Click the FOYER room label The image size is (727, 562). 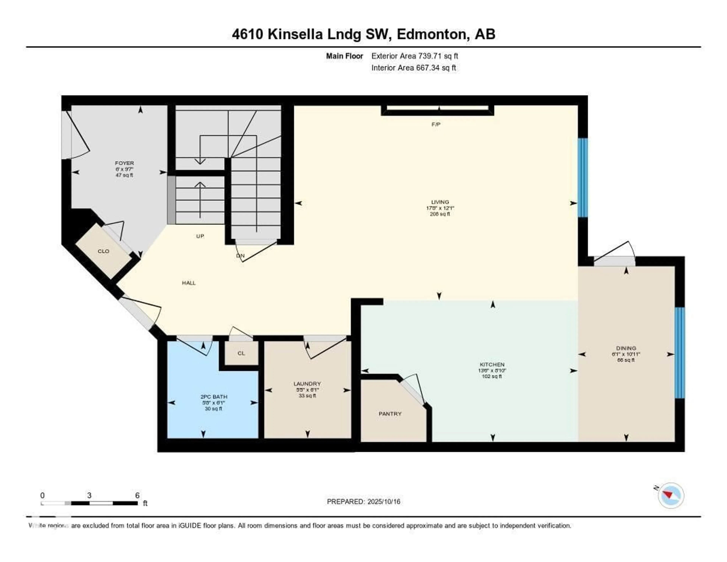click(x=124, y=163)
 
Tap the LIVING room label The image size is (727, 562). click(x=440, y=202)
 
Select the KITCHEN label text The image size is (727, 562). click(x=492, y=364)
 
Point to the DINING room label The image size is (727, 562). click(x=626, y=348)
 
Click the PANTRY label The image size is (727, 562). click(x=390, y=414)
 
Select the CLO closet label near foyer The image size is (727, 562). click(x=103, y=251)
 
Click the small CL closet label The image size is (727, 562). click(x=241, y=353)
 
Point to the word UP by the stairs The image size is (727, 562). click(x=200, y=236)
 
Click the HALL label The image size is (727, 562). click(x=189, y=283)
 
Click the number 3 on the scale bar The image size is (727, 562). click(x=89, y=495)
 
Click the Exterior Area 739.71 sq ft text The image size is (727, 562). click(x=414, y=56)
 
